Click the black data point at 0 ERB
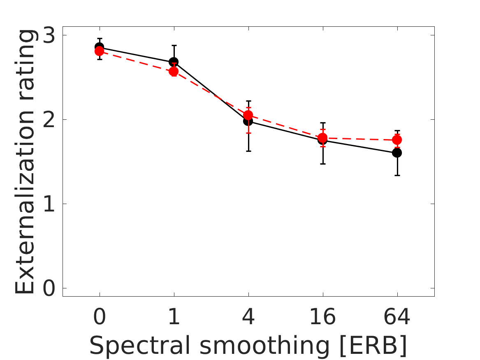99,46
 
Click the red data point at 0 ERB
99,51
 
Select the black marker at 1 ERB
174,62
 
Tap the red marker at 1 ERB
174,72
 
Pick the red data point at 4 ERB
248,115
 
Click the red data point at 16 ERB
322,137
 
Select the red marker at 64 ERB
397,140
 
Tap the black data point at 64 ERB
397,153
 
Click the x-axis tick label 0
99,318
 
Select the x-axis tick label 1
174,318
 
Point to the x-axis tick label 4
248,318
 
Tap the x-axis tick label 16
322,318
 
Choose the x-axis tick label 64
397,318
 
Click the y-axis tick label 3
49,35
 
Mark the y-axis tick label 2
49,120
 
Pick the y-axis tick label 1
49,204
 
